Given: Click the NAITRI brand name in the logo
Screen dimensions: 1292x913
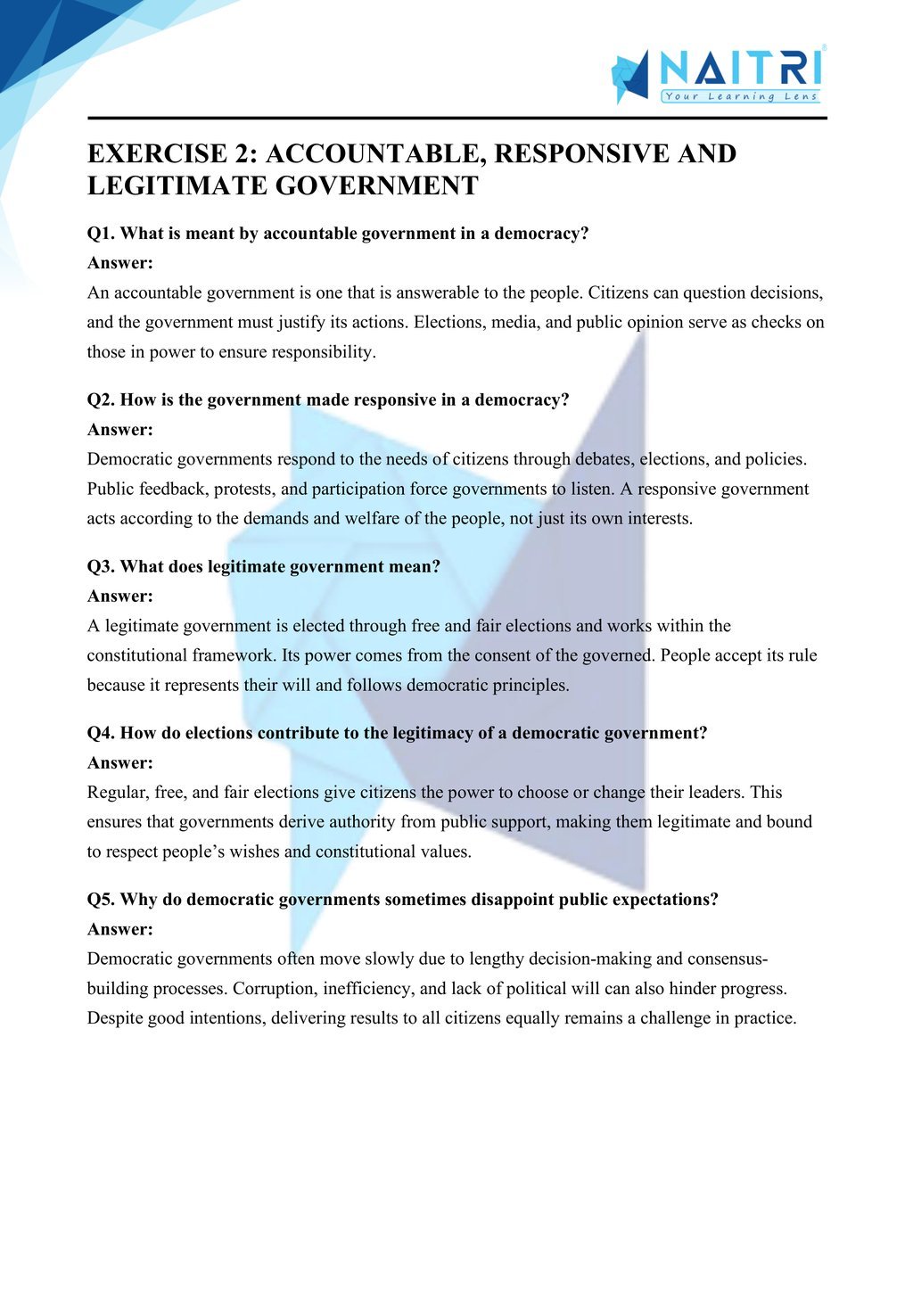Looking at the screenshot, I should (740, 68).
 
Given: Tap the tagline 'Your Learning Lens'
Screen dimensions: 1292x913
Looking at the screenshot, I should (740, 96).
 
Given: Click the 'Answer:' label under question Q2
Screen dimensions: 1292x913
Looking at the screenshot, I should (120, 430).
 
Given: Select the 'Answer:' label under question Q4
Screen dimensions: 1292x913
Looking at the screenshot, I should (120, 763).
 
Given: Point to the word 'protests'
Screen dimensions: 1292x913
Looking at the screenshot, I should (247, 489).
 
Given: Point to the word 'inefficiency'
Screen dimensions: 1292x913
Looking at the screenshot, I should (367, 989).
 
